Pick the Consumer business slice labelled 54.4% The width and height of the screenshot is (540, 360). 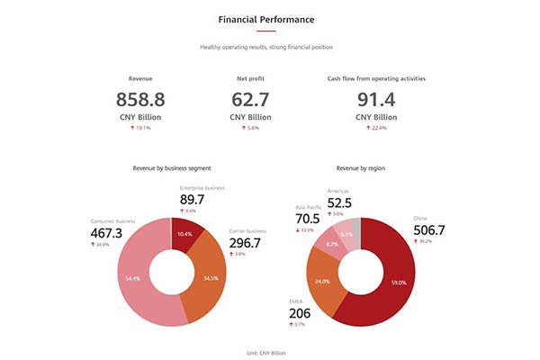tap(134, 279)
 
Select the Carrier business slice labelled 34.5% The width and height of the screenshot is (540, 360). tap(211, 279)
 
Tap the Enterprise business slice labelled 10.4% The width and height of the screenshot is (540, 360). tap(184, 234)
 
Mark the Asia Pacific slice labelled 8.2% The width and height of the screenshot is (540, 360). tap(332, 244)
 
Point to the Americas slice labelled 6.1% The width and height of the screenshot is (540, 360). tap(346, 234)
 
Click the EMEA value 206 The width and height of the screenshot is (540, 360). tap(300, 313)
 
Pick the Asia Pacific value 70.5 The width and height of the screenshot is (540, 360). tap(308, 219)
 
